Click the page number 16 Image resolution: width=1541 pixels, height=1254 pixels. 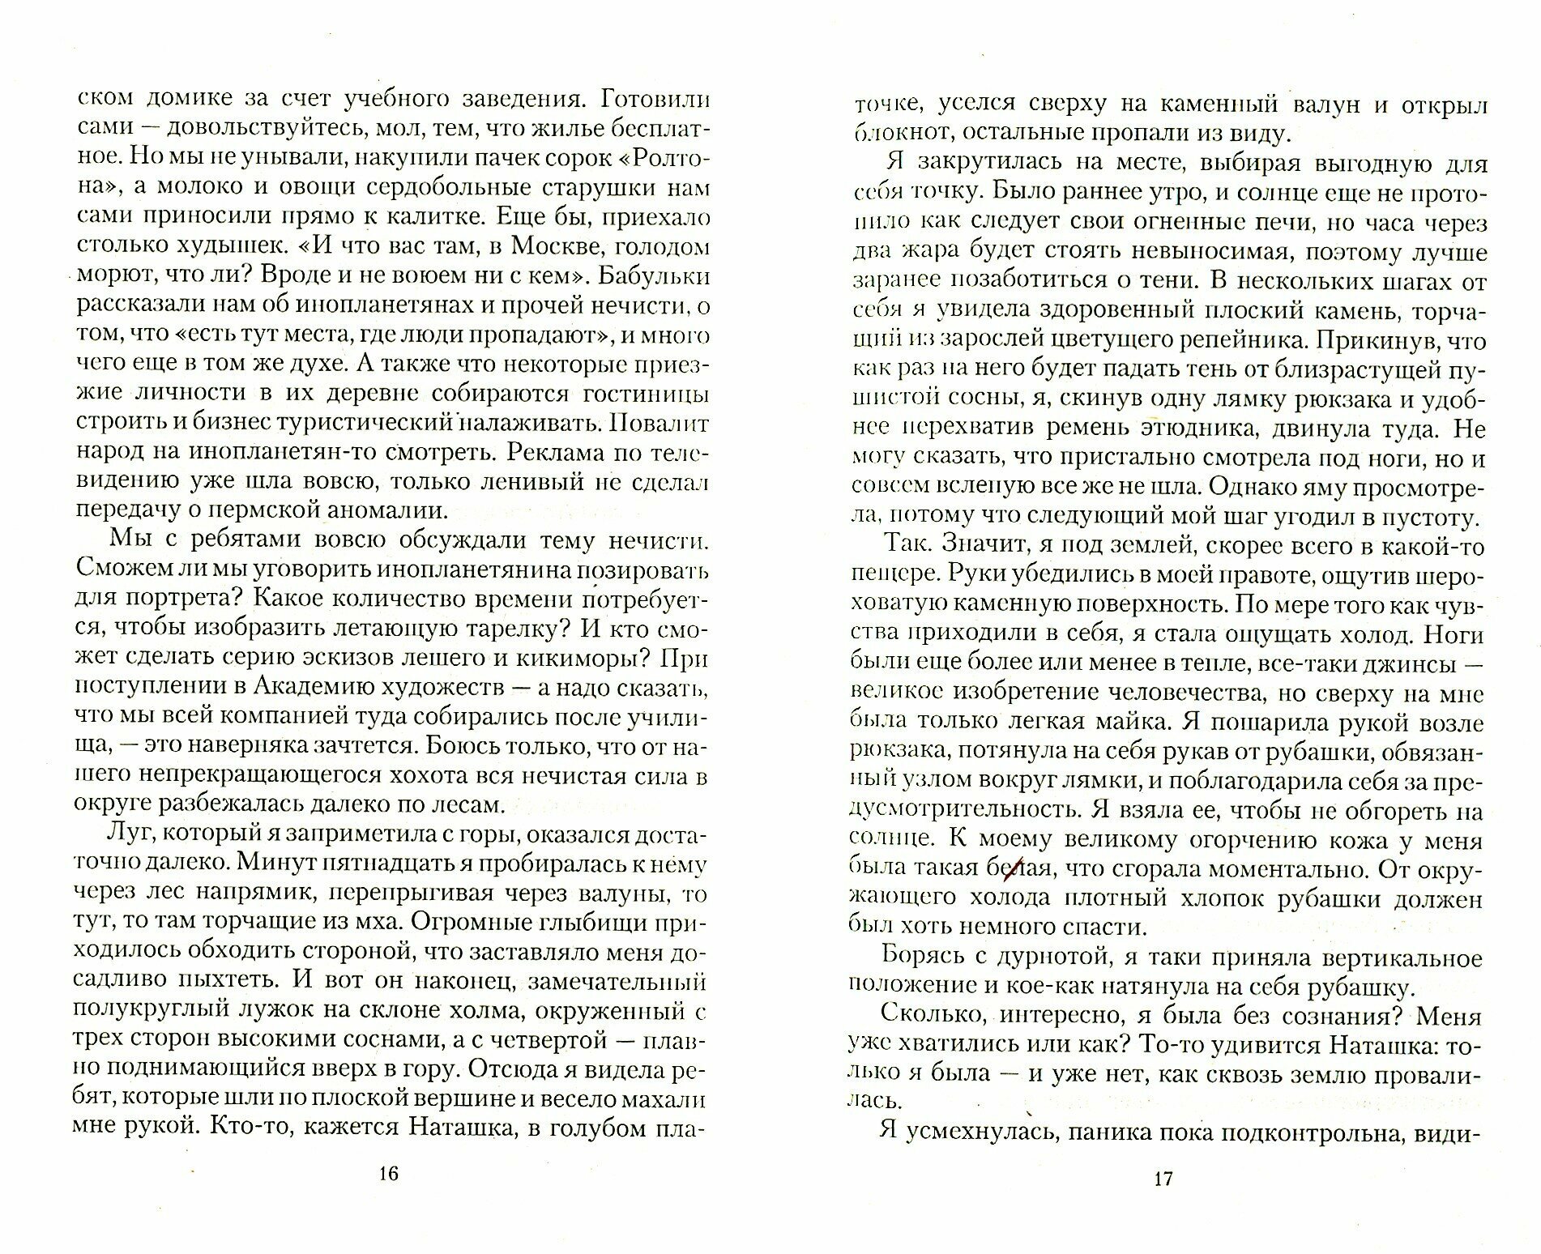pos(389,1175)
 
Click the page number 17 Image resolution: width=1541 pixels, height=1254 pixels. pos(1163,1179)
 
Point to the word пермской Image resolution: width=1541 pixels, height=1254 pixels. pos(267,512)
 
